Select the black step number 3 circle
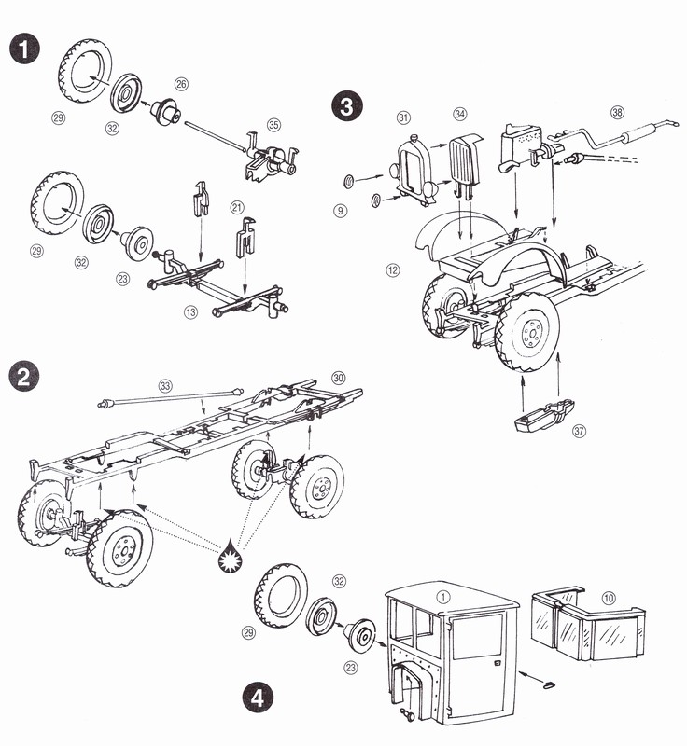click(346, 105)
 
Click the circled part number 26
click(181, 84)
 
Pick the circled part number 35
click(273, 124)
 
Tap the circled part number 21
click(237, 206)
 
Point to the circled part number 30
click(338, 378)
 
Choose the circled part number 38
click(616, 113)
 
